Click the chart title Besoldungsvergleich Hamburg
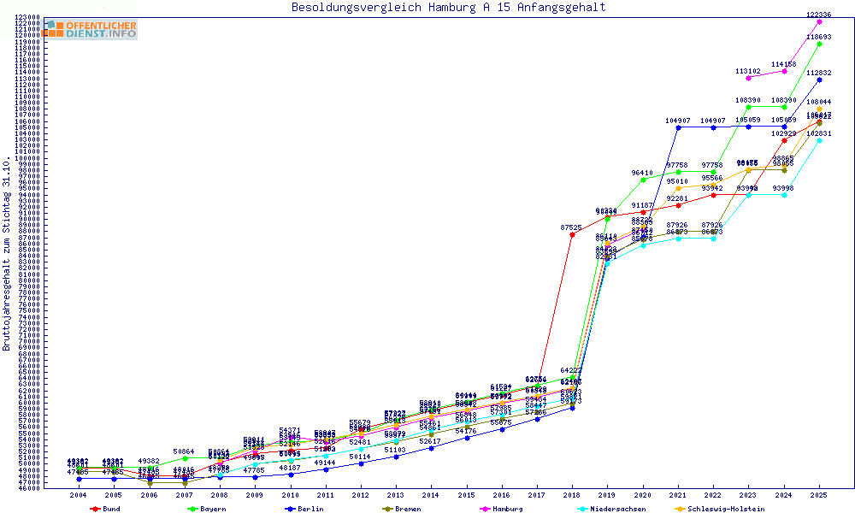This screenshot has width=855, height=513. pyautogui.click(x=448, y=8)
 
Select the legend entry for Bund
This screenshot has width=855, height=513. pyautogui.click(x=106, y=509)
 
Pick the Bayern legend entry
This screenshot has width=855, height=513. pyautogui.click(x=209, y=509)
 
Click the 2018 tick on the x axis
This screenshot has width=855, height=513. pyautogui.click(x=572, y=495)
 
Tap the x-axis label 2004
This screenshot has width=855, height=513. pyautogui.click(x=79, y=495)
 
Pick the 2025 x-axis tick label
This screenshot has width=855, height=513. pyautogui.click(x=819, y=495)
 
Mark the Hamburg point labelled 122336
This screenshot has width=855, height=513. pyautogui.click(x=819, y=21)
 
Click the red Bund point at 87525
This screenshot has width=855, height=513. pyautogui.click(x=572, y=234)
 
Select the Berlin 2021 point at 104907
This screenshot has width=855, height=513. pyautogui.click(x=678, y=127)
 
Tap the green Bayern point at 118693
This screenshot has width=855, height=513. pyautogui.click(x=819, y=44)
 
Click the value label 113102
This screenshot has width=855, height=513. pyautogui.click(x=748, y=71)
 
